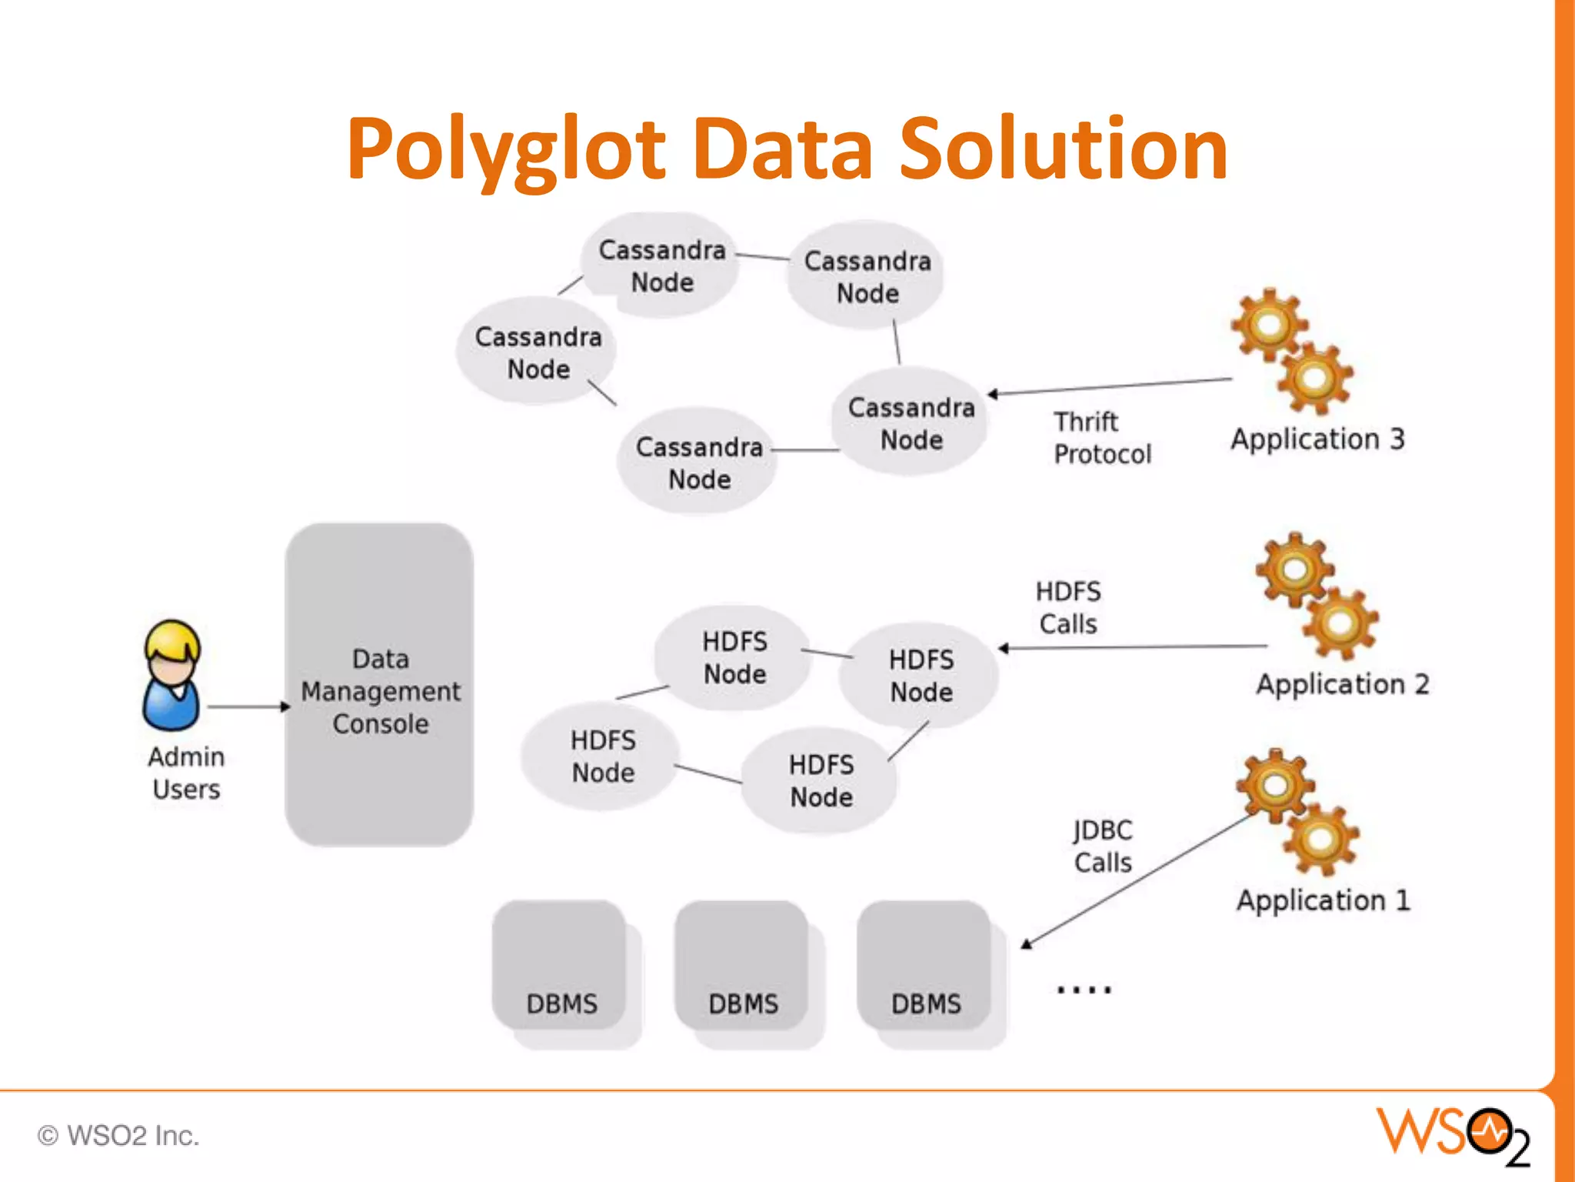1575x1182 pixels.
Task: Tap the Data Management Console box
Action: (379, 685)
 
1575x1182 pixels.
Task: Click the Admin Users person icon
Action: (172, 676)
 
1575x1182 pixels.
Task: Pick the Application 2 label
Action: (1342, 684)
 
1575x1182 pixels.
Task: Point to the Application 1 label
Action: (1323, 900)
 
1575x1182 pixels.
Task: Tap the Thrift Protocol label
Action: (1101, 438)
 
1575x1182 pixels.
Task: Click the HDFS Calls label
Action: (1068, 607)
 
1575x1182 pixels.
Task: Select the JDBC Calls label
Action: (1103, 846)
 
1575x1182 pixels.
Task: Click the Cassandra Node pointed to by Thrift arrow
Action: (911, 423)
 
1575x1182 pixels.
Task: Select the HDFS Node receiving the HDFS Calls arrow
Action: (921, 676)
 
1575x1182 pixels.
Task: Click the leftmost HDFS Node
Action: (602, 756)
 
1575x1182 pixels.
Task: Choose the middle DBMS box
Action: (743, 970)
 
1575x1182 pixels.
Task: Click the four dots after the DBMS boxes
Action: (1084, 990)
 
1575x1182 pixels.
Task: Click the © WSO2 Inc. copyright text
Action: (118, 1136)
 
